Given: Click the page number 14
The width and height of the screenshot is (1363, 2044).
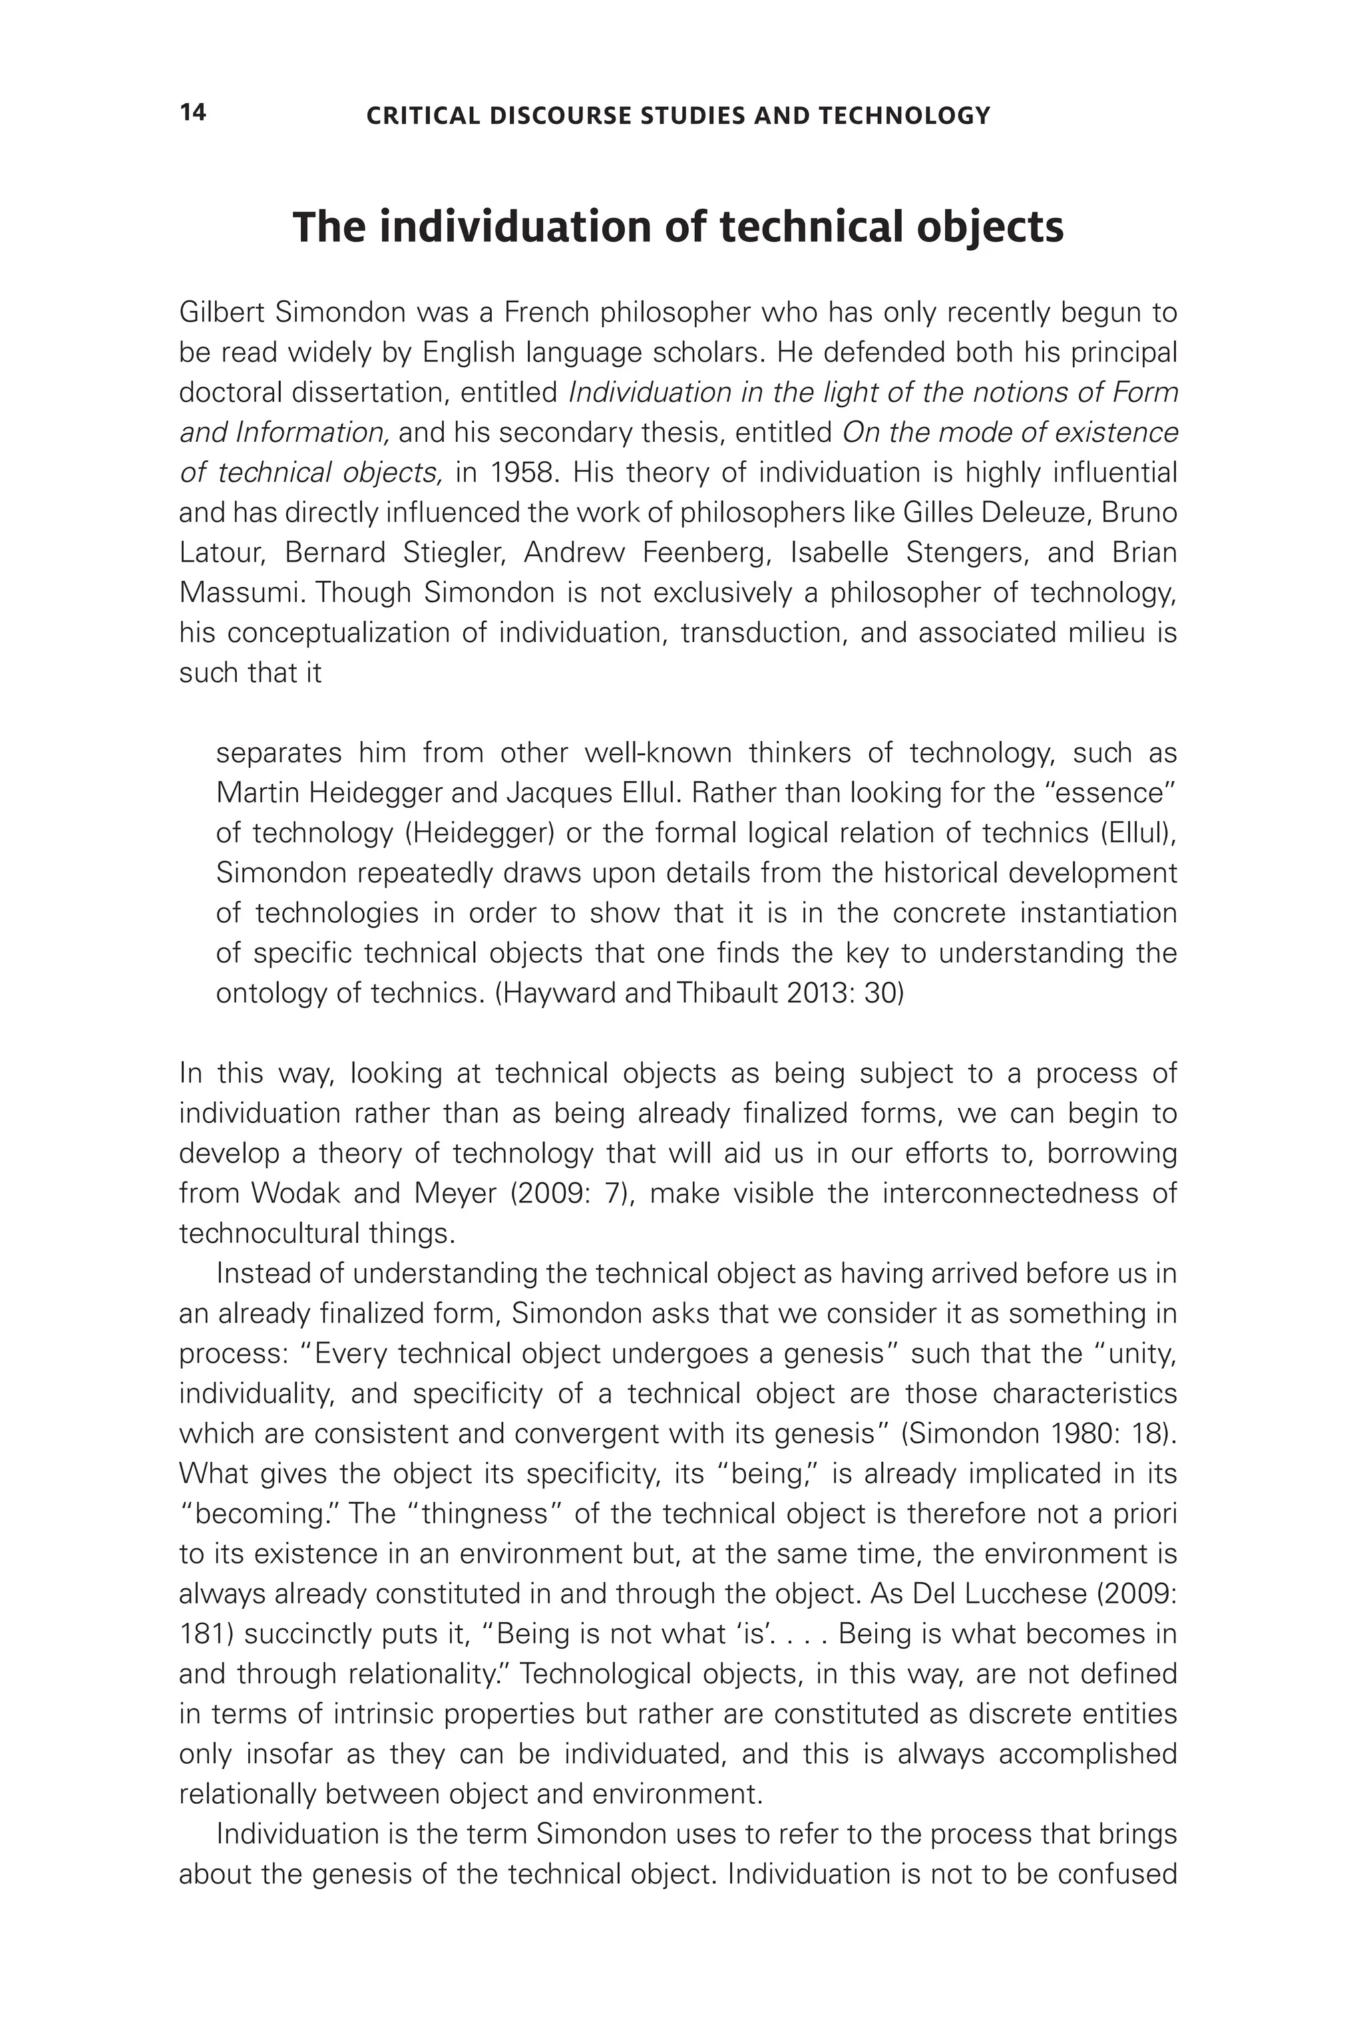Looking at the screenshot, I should tap(192, 113).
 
